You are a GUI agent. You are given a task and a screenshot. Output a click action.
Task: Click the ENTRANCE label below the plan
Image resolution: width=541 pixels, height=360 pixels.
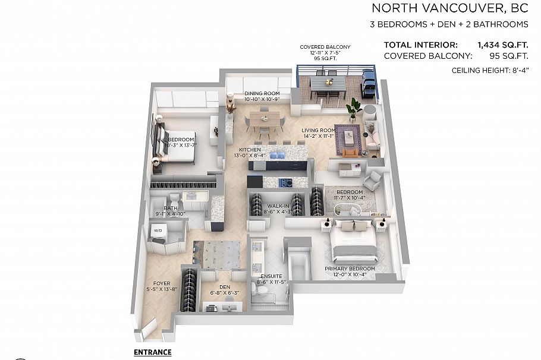coord(153,352)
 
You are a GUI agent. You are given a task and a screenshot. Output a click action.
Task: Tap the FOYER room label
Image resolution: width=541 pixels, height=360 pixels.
coord(162,283)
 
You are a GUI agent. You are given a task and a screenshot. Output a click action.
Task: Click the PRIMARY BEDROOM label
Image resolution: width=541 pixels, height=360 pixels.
coord(353,269)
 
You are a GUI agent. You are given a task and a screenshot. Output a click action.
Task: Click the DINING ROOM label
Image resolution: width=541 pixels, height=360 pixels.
coord(262,94)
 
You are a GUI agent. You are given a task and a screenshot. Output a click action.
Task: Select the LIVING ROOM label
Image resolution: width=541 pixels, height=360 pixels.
coord(319,130)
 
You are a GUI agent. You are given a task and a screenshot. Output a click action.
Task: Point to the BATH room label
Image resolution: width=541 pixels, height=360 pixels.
coord(162,208)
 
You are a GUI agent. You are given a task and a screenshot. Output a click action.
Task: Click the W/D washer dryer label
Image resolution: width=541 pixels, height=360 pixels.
coord(159,229)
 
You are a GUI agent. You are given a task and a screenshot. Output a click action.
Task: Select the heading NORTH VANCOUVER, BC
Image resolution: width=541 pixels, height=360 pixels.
coord(449,8)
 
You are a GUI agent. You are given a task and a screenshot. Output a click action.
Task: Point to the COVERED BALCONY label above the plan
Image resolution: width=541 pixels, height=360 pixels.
coord(325,47)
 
